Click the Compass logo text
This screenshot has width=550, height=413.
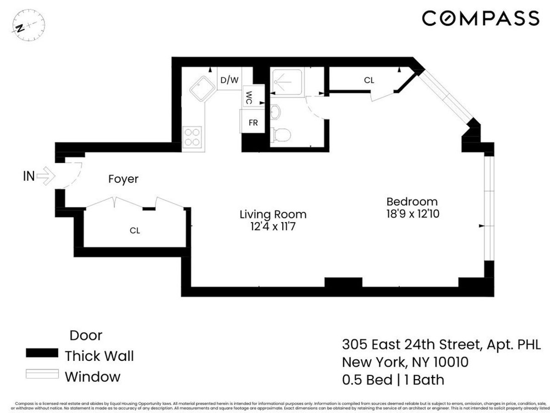(x=480, y=19)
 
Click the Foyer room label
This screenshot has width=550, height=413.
(x=123, y=179)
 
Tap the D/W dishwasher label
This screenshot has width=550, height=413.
(x=229, y=81)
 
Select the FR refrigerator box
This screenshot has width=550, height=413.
(x=253, y=123)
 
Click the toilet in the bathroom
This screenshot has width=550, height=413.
(x=280, y=135)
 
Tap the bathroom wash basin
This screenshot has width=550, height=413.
(x=275, y=111)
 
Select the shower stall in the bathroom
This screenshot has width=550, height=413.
(x=286, y=82)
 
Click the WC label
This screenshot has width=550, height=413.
(x=249, y=98)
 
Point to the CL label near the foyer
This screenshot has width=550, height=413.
(x=134, y=230)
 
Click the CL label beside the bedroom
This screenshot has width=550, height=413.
(x=369, y=80)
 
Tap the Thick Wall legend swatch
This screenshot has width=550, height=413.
(x=42, y=353)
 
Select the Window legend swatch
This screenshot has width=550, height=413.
(x=42, y=375)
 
